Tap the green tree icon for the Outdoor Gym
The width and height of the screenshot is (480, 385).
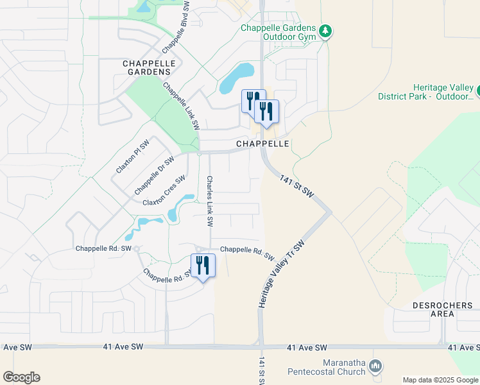click(x=325, y=31)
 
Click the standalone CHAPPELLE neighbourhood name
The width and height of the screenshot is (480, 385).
click(x=263, y=144)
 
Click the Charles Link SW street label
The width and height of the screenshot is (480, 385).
click(x=210, y=201)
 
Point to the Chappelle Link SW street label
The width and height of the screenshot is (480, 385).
click(x=180, y=107)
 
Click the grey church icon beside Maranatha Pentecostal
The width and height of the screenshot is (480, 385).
click(x=376, y=366)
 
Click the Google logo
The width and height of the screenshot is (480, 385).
click(x=21, y=377)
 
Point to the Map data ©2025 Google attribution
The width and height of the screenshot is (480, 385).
click(x=440, y=380)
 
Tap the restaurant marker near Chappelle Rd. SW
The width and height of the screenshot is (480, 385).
click(x=203, y=266)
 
